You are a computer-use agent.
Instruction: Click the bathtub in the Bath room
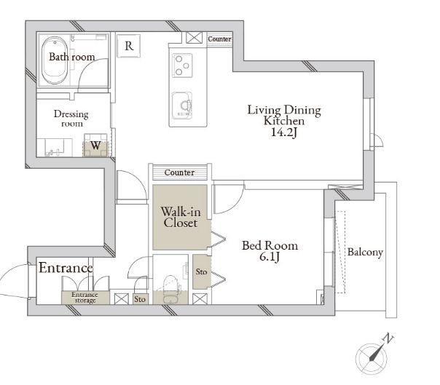coord(55,60)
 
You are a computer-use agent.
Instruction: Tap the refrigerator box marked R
coord(128,46)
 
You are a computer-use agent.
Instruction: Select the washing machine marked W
coord(95,146)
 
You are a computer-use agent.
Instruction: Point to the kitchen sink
coord(182,105)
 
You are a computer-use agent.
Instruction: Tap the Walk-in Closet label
coord(181,217)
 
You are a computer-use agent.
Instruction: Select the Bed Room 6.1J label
coord(270,251)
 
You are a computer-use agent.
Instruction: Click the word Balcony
coord(365,252)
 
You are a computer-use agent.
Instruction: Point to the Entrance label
coord(66,267)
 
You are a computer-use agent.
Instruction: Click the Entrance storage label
coord(85,298)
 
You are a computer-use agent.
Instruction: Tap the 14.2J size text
coord(283,132)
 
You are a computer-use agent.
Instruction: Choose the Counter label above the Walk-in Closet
coord(179,172)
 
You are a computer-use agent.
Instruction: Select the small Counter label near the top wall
coord(220,39)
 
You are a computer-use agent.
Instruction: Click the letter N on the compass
coord(388,338)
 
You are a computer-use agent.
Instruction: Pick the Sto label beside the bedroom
coord(201,271)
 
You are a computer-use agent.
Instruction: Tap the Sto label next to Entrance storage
coord(140,299)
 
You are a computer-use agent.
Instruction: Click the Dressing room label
coord(71,119)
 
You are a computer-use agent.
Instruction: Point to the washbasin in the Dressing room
coord(53,148)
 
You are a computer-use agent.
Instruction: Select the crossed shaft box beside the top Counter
coord(195,38)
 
